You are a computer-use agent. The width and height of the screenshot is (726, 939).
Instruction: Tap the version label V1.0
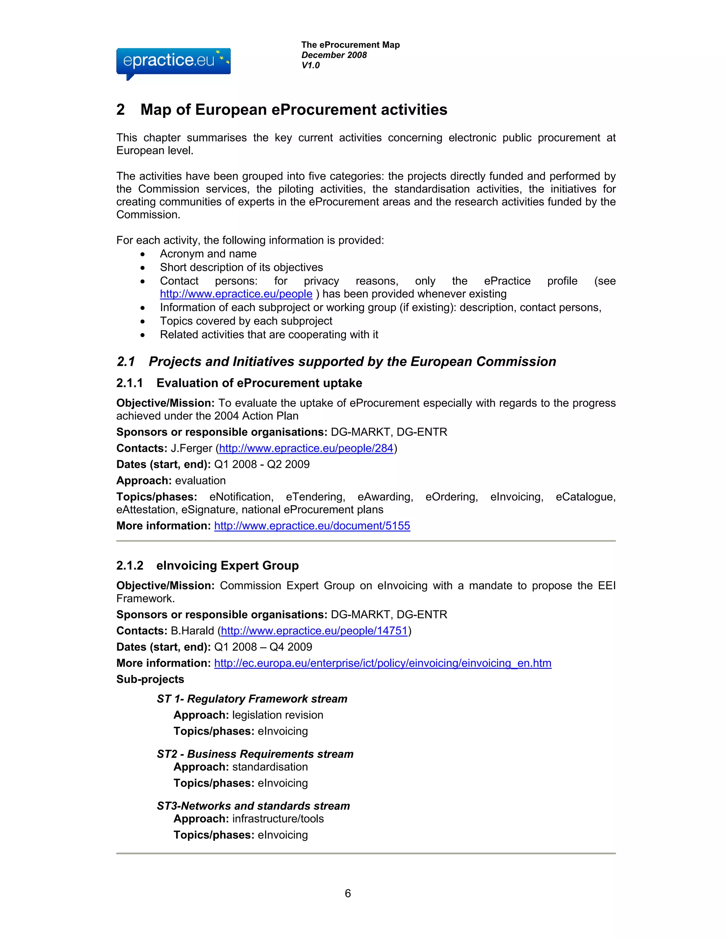pos(310,65)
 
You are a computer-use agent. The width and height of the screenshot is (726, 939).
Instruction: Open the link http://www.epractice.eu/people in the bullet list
pos(236,294)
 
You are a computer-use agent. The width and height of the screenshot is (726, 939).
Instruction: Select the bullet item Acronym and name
pos(208,254)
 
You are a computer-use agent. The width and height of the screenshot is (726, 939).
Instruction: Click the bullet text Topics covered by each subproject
pos(246,321)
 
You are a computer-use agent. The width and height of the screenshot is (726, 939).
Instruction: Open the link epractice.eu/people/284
pos(306,449)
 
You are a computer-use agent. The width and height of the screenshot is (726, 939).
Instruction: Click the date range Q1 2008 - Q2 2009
pos(262,464)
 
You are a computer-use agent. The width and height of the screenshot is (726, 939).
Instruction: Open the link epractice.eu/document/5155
pos(312,526)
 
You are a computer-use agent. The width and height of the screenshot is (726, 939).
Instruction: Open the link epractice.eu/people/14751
pos(314,631)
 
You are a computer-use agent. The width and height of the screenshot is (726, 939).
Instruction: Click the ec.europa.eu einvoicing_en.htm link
pos(382,663)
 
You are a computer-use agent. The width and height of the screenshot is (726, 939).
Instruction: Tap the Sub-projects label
pos(150,679)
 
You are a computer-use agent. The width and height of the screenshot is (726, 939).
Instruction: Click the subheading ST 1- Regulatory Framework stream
pos(252,699)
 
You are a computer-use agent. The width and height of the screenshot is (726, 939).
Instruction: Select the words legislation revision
pos(278,715)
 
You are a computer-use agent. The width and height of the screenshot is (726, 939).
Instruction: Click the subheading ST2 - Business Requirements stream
pos(255,754)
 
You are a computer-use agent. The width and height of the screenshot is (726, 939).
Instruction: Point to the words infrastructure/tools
pos(278,819)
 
